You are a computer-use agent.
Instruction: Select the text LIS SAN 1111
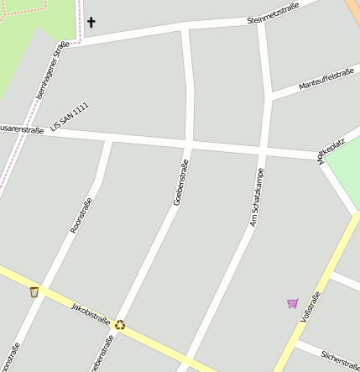click(69, 116)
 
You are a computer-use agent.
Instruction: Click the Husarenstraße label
click(21, 128)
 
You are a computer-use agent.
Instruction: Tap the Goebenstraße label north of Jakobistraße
click(180, 182)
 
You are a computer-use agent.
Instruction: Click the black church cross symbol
click(91, 23)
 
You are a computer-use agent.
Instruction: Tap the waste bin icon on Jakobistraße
click(34, 291)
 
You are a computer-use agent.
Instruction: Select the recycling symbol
click(120, 324)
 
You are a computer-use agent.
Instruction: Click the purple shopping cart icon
click(292, 303)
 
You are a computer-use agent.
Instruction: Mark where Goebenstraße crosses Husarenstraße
click(188, 144)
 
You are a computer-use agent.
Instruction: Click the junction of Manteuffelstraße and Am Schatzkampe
click(268, 98)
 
